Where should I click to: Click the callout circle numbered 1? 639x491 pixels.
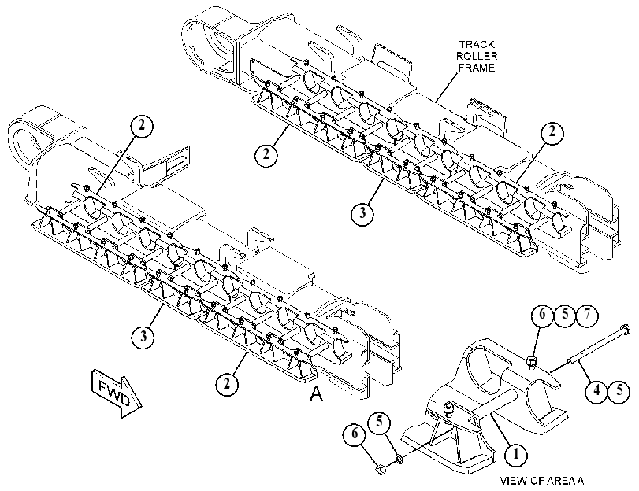pos(516,453)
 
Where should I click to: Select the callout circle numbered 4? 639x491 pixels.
pos(596,391)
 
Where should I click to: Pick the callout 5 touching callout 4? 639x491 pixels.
pos(619,391)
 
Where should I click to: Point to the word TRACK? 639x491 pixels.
pos(476,44)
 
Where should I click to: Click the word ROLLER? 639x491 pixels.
pos(477,56)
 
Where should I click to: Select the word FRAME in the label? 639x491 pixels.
pos(477,67)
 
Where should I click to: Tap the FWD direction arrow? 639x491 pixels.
pos(117,393)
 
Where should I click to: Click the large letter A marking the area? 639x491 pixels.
pos(316,393)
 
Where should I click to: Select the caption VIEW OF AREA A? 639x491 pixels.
pos(542,481)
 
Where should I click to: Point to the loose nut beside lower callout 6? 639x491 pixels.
pos(380,470)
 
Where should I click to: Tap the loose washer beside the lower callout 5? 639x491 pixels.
pos(399,460)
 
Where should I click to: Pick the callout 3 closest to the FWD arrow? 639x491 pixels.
pos(143,337)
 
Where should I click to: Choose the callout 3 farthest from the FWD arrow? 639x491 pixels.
pos(362,213)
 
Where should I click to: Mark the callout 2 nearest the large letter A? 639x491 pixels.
pos(227,383)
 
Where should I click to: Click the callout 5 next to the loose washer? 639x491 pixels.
pos(380,422)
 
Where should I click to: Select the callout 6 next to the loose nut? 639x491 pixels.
pos(355,434)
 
